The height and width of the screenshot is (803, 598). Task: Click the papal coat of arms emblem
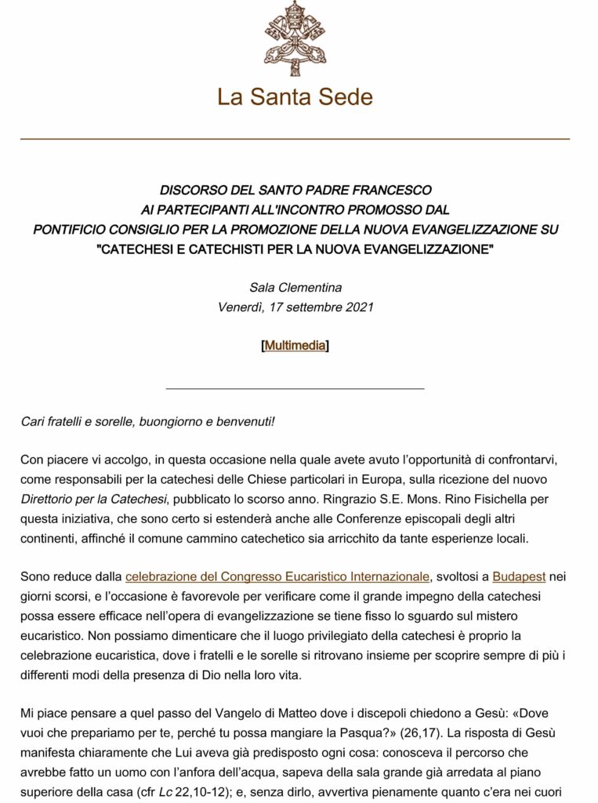tap(295, 38)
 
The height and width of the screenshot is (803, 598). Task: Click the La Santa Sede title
tap(295, 97)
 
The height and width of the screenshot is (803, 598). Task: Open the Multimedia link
tap(295, 345)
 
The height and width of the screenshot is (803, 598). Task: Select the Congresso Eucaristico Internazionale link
tap(277, 577)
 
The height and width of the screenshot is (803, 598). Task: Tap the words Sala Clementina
tap(295, 287)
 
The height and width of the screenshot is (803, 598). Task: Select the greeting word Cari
tap(33, 421)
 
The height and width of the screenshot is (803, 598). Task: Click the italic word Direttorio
tap(53, 499)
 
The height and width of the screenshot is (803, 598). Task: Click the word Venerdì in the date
tap(240, 307)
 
